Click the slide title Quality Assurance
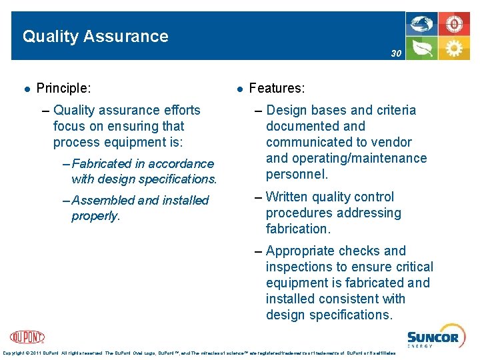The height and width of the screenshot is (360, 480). pyautogui.click(x=95, y=36)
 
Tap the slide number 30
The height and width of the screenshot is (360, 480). pyautogui.click(x=396, y=53)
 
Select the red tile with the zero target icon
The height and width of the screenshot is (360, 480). pyautogui.click(x=454, y=25)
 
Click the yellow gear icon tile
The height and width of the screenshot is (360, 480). pyautogui.click(x=454, y=49)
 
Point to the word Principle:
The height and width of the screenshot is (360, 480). pyautogui.click(x=64, y=87)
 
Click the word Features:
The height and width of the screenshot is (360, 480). pyautogui.click(x=277, y=87)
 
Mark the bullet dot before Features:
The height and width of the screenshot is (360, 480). pyautogui.click(x=238, y=88)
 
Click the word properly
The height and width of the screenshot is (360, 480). pyautogui.click(x=95, y=216)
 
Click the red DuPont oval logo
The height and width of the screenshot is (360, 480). pyautogui.click(x=27, y=337)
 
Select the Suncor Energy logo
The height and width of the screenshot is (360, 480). pyautogui.click(x=433, y=339)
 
